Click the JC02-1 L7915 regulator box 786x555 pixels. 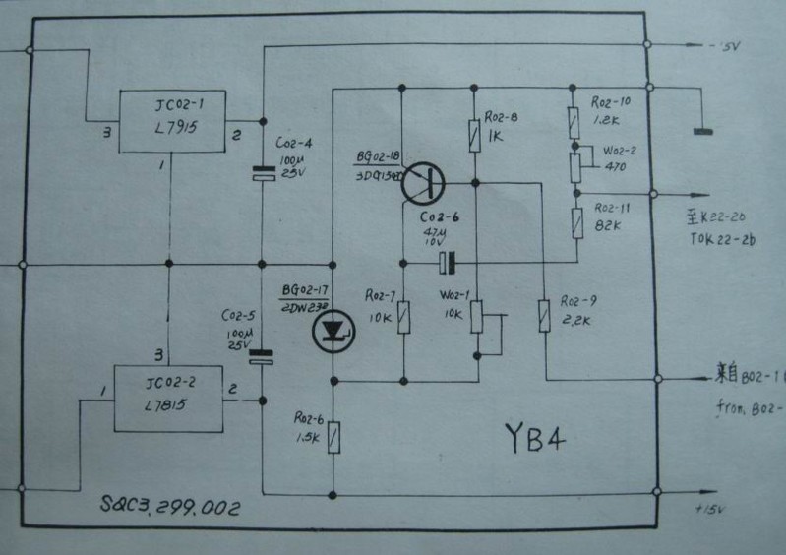171,121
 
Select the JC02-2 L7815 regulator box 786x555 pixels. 166,398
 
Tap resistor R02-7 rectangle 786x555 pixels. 402,317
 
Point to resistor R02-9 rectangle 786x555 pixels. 543,316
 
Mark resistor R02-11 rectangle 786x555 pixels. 574,221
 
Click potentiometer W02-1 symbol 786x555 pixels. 477,317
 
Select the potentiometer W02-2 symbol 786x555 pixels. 574,168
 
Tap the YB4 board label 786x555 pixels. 534,438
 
